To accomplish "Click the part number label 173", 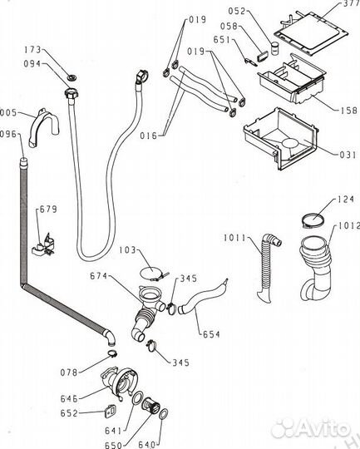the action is [x=32, y=50].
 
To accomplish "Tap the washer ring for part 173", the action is [x=72, y=77].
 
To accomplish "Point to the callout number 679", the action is [x=48, y=210].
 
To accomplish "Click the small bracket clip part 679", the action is [x=43, y=244].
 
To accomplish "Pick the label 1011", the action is [x=234, y=238].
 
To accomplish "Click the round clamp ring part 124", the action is [x=313, y=220].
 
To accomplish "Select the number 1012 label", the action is [x=349, y=226].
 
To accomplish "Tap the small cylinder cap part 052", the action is [x=275, y=48].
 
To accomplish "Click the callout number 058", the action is [x=229, y=27].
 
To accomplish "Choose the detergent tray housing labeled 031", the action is [x=281, y=138].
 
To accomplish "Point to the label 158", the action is [x=349, y=111].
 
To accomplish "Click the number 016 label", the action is [x=149, y=136].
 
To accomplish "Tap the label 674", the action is [x=98, y=276].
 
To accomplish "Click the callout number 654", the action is [x=211, y=334].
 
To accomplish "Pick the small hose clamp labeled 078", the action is [x=112, y=353].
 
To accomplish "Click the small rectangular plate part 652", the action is [x=110, y=411].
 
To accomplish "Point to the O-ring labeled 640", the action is [x=164, y=414].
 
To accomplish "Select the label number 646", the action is [x=69, y=398].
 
